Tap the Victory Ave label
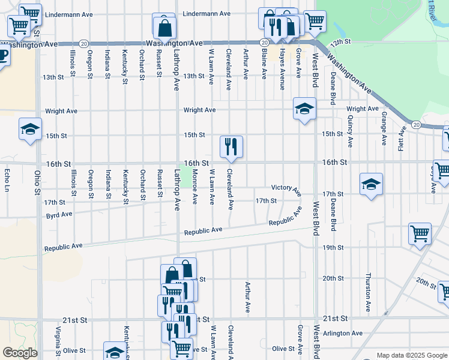click(x=286, y=189)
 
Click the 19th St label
click(x=333, y=247)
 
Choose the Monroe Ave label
click(x=195, y=187)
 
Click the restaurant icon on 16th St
click(x=231, y=147)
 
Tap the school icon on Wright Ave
click(x=304, y=109)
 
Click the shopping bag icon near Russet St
click(x=164, y=27)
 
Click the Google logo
click(x=20, y=353)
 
